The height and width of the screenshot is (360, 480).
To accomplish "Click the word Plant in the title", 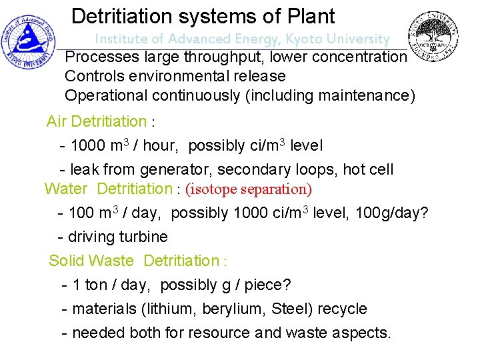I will click(x=308, y=16).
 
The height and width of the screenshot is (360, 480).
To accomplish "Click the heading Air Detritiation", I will click(x=97, y=122).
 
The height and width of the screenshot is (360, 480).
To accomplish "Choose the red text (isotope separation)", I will click(x=249, y=189).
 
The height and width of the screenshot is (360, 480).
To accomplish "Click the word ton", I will click(x=96, y=285).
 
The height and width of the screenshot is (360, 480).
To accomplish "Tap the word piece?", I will click(x=268, y=285).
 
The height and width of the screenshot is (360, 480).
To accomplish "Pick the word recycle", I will click(x=343, y=309).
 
